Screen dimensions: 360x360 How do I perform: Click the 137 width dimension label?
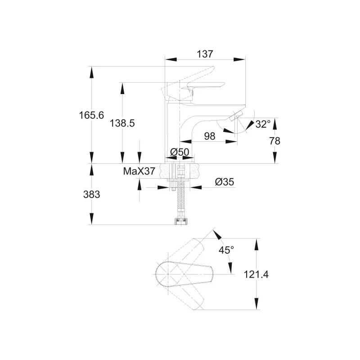point(205,54)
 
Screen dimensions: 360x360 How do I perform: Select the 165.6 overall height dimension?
point(91,115)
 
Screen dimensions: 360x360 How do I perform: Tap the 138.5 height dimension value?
point(122,123)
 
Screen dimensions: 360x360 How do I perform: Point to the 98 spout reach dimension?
point(209,136)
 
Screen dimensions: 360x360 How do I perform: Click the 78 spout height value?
point(274,141)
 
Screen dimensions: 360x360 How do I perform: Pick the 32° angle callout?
point(263,124)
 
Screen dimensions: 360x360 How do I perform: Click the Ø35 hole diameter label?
point(224,182)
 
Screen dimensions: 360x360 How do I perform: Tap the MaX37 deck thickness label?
point(139,171)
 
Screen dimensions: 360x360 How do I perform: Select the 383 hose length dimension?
point(91,194)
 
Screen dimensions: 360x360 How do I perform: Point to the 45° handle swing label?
point(226,250)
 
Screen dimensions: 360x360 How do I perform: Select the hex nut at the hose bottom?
point(179,221)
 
